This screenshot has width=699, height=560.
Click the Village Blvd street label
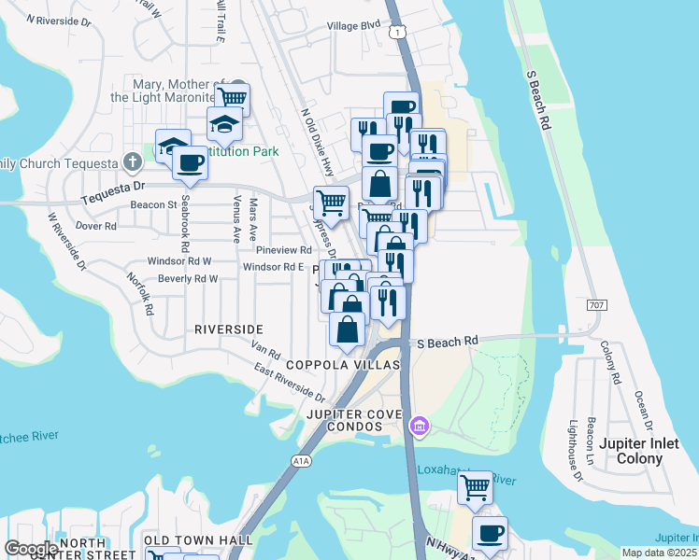point(355,26)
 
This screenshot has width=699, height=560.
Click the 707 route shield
point(598,305)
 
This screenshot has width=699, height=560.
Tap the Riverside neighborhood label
point(229,329)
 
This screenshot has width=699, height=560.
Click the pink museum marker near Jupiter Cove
point(420,427)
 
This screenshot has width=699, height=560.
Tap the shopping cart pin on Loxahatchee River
point(476,486)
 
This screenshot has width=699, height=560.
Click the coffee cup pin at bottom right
point(489,534)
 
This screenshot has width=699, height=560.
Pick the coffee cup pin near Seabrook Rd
point(190,162)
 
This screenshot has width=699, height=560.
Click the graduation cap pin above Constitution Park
point(224,123)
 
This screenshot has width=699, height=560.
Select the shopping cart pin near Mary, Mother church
point(232,97)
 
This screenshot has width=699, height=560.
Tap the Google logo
point(31,549)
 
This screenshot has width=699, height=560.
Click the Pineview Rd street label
point(283,250)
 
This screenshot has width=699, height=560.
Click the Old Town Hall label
point(199,540)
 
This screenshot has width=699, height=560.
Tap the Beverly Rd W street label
point(188,279)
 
